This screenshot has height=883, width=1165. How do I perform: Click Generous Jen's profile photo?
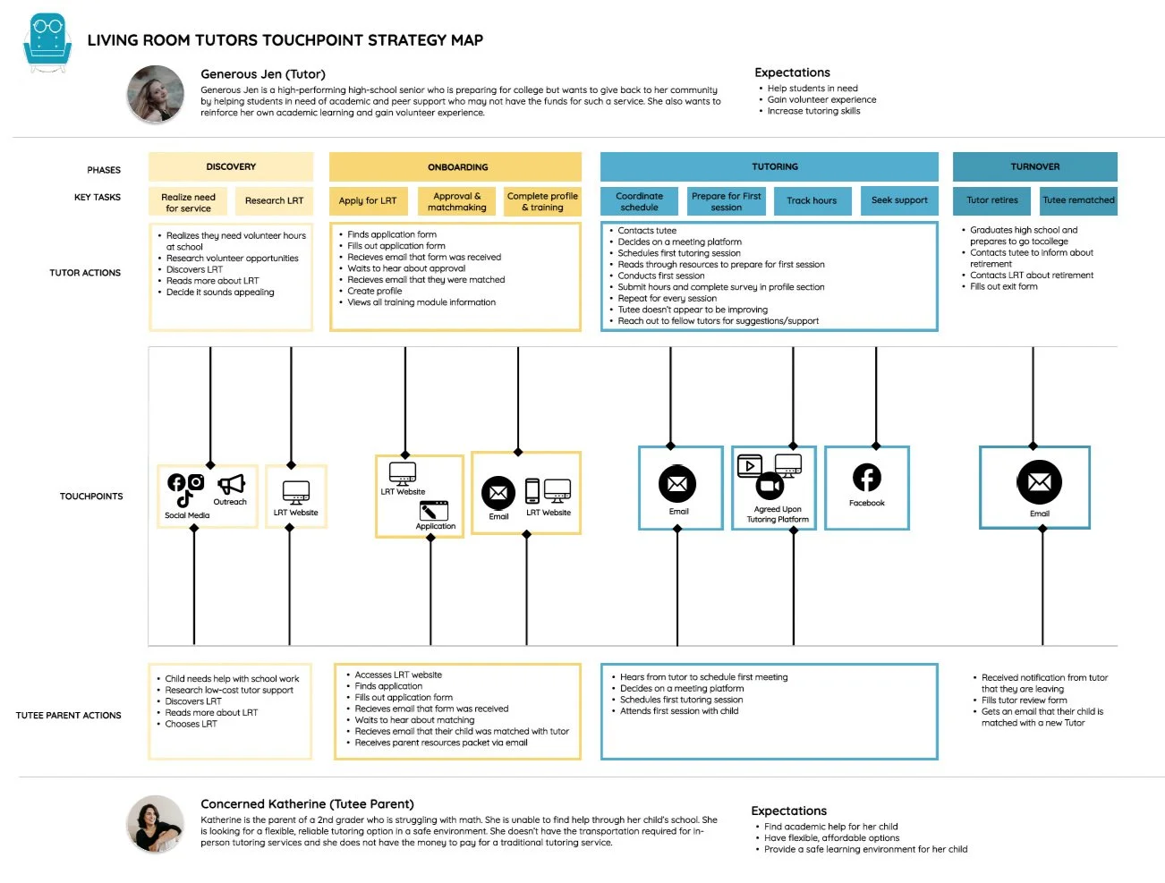[x=156, y=94]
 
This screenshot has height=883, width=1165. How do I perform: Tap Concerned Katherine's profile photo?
[x=155, y=824]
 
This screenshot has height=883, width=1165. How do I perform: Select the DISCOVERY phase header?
[x=231, y=167]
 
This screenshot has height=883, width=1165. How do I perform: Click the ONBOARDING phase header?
[x=456, y=167]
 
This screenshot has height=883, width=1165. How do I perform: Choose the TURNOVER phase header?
[x=1034, y=167]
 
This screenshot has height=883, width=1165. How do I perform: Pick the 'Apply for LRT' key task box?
[x=368, y=201]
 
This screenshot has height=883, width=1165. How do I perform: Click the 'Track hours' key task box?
[x=812, y=201]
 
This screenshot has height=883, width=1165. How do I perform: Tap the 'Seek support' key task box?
[x=899, y=201]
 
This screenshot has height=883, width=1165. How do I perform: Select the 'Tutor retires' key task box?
[x=991, y=201]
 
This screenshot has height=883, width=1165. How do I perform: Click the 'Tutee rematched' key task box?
[x=1078, y=201]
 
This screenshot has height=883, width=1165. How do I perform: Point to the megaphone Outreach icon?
[x=231, y=485]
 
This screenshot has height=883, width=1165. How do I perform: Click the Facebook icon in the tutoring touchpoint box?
[x=866, y=478]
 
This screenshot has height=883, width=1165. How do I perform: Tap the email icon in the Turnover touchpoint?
[x=1039, y=483]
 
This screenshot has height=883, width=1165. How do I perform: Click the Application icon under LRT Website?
[x=434, y=510]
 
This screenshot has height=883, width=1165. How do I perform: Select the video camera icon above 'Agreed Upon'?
[x=770, y=486]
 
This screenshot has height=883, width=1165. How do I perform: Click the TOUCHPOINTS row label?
[x=91, y=497]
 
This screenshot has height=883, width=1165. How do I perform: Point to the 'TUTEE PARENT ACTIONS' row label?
[x=69, y=716]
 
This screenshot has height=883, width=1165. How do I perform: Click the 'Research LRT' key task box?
[x=274, y=201]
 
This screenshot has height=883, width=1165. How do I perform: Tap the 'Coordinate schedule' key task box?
[x=640, y=201]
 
